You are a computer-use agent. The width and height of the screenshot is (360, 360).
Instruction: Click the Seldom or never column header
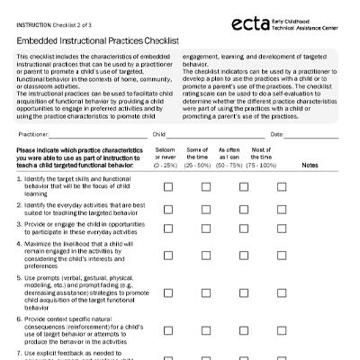click(x=166, y=157)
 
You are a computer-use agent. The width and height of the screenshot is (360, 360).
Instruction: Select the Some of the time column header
click(x=197, y=157)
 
